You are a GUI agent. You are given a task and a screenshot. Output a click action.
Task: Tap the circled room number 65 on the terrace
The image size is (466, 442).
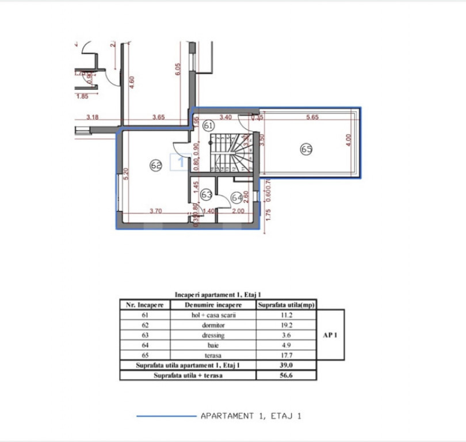(306, 150)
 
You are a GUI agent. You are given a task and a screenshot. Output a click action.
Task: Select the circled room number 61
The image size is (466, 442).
(208, 125)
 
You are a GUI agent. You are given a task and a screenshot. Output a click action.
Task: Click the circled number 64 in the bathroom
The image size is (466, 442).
(236, 197)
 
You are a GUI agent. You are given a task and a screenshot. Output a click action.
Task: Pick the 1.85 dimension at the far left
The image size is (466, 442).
(82, 96)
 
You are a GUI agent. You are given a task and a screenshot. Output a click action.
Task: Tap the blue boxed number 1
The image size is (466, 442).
(181, 163)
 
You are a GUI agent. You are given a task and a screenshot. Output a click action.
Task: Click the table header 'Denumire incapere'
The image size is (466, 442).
(213, 304)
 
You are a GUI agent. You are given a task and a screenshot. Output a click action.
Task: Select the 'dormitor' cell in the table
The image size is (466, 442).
(213, 325)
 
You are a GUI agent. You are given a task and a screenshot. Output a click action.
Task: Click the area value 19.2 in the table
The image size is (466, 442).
(287, 325)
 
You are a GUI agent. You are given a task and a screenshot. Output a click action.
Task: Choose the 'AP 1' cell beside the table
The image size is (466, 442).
(330, 335)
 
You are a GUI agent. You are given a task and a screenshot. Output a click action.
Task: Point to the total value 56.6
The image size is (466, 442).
(287, 375)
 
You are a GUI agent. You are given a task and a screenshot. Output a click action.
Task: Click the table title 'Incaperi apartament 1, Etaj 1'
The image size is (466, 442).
(217, 294)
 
